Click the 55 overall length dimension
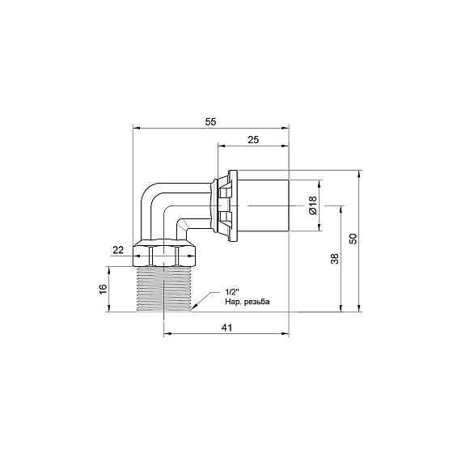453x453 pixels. [x=210, y=121]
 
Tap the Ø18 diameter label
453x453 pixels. [x=313, y=205]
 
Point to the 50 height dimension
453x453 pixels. [x=353, y=240]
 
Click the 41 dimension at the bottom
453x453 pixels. [x=226, y=328]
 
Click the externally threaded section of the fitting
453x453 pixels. [x=164, y=287]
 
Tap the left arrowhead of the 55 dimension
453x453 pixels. [x=136, y=128]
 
